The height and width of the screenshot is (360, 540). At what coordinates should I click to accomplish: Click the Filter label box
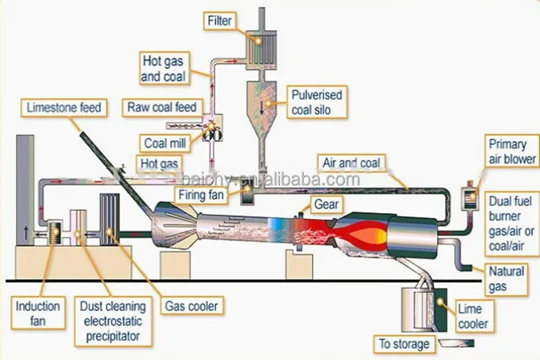coord(220,21)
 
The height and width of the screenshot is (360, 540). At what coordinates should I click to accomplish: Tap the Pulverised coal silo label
coord(317,102)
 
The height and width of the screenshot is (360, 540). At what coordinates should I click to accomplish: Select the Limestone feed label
coord(63,108)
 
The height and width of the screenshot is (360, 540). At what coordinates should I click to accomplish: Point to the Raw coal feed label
coord(162,107)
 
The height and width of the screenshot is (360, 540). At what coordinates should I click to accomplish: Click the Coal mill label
coord(165,143)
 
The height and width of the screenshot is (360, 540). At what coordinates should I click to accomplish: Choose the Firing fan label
coord(201,195)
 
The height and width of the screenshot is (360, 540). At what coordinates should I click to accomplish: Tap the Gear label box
coord(326,204)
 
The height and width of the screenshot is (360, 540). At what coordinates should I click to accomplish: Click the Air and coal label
coord(351,163)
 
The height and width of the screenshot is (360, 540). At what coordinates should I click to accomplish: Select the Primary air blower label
coord(512,152)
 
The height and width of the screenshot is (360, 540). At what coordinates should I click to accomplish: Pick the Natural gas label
coord(506,279)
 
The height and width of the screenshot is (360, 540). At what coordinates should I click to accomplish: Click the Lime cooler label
coord(473,316)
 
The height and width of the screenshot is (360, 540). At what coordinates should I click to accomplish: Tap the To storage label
coord(405,344)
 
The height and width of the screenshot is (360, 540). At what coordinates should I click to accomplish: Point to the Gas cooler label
coord(192,306)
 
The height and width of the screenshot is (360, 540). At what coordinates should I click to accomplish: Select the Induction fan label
coord(38,313)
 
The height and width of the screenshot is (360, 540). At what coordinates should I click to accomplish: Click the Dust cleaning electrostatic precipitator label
coord(113,321)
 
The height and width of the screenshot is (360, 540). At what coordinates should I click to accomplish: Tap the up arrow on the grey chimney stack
coord(26,233)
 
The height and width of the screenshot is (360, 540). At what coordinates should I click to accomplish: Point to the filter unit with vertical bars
coord(261,50)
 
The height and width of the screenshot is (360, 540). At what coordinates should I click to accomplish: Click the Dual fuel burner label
coord(511,224)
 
